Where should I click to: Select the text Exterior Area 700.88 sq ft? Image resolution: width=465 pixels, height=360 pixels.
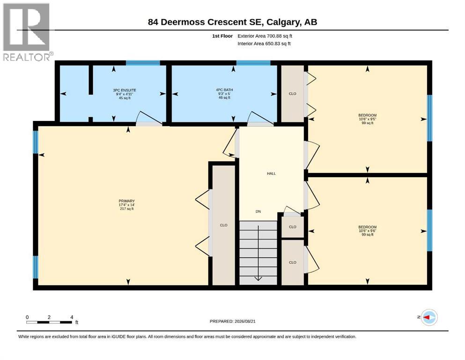click(265, 36)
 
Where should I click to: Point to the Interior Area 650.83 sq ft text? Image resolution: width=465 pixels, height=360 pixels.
click(264, 44)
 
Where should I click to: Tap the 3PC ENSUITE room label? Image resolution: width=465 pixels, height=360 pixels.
click(125, 90)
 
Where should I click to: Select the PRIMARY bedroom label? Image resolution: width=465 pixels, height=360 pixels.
click(126, 201)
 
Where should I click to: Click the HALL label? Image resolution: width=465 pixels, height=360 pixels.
click(271, 173)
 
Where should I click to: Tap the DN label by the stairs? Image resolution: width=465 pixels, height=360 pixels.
click(258, 211)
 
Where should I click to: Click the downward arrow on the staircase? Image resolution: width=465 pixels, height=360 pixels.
click(258, 253)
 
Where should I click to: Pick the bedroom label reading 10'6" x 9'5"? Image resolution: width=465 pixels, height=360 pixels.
click(368, 119)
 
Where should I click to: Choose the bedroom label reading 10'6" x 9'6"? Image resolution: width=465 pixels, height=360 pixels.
click(368, 231)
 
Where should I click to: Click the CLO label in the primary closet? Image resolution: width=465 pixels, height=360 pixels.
click(224, 225)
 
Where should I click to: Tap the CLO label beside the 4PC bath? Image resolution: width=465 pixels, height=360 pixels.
click(292, 94)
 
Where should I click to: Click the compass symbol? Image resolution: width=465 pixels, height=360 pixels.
click(429, 317)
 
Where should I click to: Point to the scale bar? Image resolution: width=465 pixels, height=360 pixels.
click(49, 322)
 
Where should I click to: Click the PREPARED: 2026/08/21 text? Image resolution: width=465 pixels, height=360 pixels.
click(232, 321)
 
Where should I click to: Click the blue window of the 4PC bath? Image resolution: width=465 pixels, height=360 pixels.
click(253, 63)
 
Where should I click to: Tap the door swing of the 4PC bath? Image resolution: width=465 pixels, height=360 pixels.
click(260, 119)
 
